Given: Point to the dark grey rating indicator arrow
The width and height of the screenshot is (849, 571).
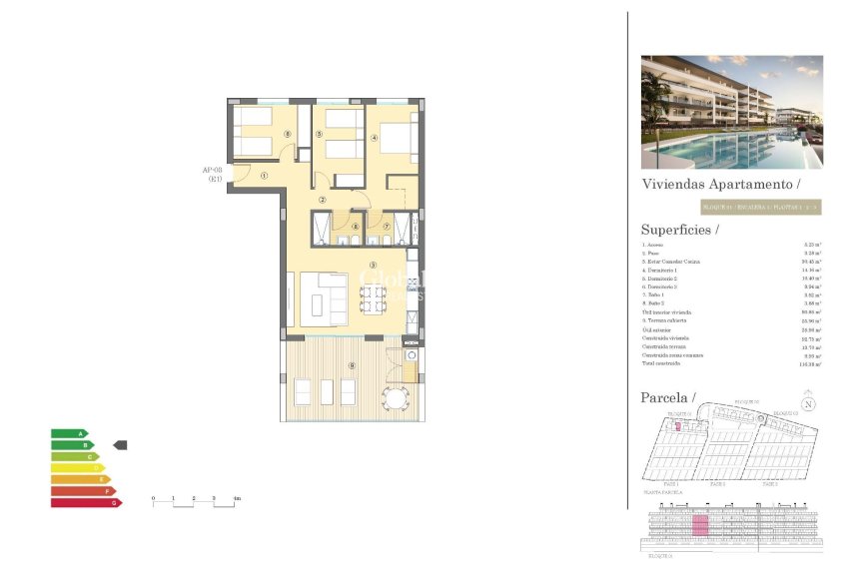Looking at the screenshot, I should click(x=120, y=444).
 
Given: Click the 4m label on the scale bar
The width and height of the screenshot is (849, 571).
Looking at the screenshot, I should click(x=237, y=498).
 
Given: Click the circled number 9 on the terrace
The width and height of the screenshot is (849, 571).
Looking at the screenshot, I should click(x=351, y=365).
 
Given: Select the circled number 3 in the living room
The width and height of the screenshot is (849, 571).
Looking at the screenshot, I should click(x=372, y=265).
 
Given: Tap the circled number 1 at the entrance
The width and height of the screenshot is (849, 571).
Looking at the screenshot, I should click(x=264, y=176).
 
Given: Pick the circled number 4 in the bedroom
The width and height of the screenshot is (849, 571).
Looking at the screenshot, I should click(x=374, y=139).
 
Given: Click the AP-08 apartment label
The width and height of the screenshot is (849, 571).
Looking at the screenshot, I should click(x=213, y=174).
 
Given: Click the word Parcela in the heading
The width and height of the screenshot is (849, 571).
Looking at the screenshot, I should click(x=666, y=397).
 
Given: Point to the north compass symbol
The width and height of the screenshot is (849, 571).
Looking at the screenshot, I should click(x=809, y=404).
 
